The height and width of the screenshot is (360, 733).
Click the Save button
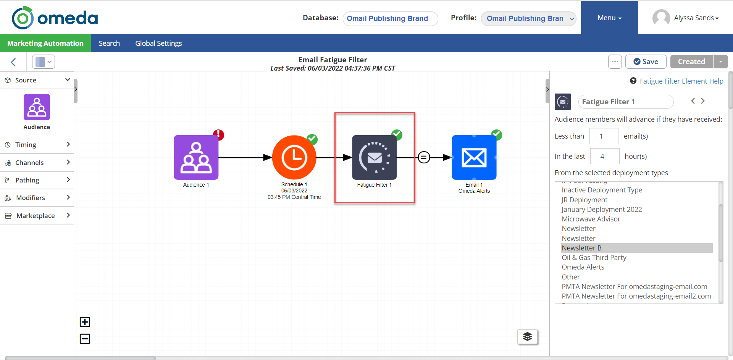(646, 61)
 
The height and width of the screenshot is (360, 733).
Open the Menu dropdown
(609, 18)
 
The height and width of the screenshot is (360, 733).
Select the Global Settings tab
(158, 44)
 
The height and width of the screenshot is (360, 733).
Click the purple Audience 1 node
(196, 157)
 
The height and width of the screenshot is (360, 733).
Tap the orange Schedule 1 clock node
(294, 157)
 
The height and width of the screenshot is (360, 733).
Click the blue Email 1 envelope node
(474, 157)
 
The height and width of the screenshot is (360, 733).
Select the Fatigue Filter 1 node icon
(374, 157)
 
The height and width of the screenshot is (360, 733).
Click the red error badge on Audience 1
(218, 135)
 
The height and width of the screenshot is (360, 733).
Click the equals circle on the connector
(424, 157)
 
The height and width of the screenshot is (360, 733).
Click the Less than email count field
(604, 136)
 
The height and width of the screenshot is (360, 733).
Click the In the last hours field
(604, 156)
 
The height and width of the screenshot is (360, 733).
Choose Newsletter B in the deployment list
(581, 248)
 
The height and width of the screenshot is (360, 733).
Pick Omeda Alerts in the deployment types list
(583, 267)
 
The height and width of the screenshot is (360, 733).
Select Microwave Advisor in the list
(591, 219)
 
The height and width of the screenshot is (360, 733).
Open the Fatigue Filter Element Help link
(681, 81)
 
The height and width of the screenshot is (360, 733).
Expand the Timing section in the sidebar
(37, 145)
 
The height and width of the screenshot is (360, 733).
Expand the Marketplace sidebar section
(37, 216)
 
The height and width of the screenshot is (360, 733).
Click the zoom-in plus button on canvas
(85, 322)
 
